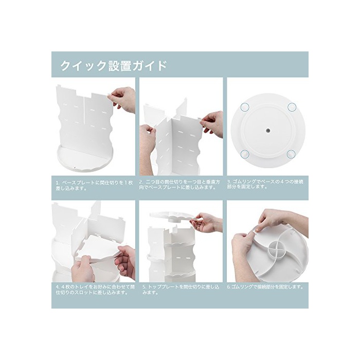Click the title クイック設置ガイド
(x=113, y=65)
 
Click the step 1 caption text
(x=94, y=186)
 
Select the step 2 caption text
(x=179, y=184)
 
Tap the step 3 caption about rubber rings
(x=265, y=184)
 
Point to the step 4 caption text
(x=95, y=290)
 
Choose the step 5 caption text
(x=181, y=290)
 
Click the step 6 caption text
(x=265, y=287)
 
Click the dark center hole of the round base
(x=268, y=131)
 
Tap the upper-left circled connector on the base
(x=245, y=106)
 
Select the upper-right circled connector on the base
(x=292, y=106)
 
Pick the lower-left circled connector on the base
(x=245, y=154)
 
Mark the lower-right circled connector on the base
(x=292, y=154)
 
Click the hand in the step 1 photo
(x=122, y=99)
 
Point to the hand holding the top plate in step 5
(x=208, y=222)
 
